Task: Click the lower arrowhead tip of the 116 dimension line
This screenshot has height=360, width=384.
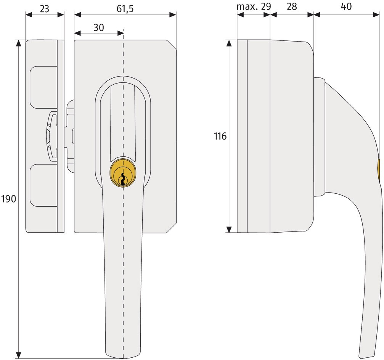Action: pyautogui.click(x=229, y=233)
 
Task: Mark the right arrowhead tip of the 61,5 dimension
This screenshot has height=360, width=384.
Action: pyautogui.click(x=176, y=15)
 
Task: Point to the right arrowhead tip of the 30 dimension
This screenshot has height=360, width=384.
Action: pyautogui.click(x=124, y=33)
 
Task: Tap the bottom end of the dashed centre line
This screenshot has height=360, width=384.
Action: pyautogui.click(x=123, y=358)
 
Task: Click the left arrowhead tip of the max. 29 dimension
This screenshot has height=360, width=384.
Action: pyautogui.click(x=237, y=15)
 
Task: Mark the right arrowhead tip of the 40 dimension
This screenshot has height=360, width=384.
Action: pyautogui.click(x=379, y=15)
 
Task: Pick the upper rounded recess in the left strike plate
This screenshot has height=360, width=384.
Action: pyautogui.click(x=43, y=87)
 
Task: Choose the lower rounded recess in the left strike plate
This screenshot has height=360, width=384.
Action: pyautogui.click(x=43, y=185)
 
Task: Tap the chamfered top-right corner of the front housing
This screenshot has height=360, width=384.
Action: pyautogui.click(x=172, y=45)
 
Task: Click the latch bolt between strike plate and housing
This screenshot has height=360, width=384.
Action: pyautogui.click(x=69, y=136)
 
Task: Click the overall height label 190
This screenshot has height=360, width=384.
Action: pyautogui.click(x=8, y=199)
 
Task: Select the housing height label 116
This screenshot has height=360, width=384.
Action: pyautogui.click(x=220, y=136)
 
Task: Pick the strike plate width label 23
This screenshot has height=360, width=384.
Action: pyautogui.click(x=44, y=9)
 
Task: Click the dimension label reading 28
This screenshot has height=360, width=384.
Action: pyautogui.click(x=292, y=6)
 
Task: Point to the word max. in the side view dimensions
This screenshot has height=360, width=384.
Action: pyautogui.click(x=247, y=6)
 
